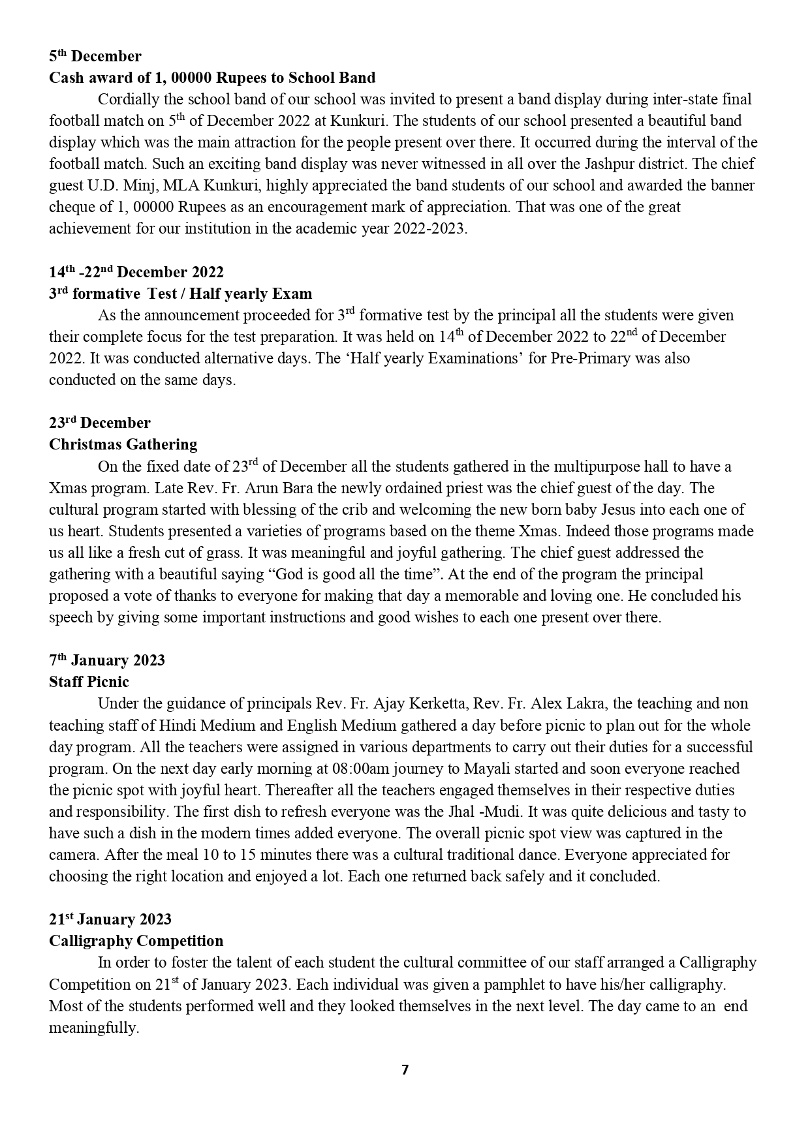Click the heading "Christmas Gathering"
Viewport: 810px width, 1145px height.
pyautogui.click(x=123, y=444)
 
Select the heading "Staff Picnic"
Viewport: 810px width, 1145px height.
pyautogui.click(x=89, y=682)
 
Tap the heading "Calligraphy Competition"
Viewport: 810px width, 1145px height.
pyautogui.click(x=136, y=941)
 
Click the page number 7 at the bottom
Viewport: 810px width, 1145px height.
pyautogui.click(x=405, y=1070)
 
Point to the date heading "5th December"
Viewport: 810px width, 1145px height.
pyautogui.click(x=95, y=56)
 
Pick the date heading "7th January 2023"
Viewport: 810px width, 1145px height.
pyautogui.click(x=107, y=660)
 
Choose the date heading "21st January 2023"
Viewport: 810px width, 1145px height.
pyautogui.click(x=110, y=919)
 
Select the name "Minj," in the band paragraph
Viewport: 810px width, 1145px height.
pyautogui.click(x=141, y=185)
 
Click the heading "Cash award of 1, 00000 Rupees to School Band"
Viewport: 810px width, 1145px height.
pyautogui.click(x=212, y=78)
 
